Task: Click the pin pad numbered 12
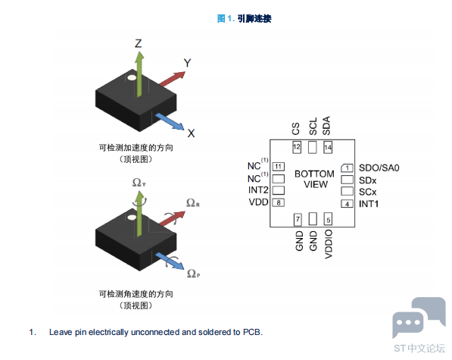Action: point(297,147)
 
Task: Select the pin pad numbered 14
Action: point(328,147)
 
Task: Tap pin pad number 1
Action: point(347,168)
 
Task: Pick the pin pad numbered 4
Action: point(347,204)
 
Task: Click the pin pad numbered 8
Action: point(279,202)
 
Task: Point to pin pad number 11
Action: point(279,167)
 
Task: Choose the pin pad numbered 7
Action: point(298,219)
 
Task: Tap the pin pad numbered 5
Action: point(328,219)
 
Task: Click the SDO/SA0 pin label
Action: point(379,168)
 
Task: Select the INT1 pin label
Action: point(369,204)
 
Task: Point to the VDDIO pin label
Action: point(329,244)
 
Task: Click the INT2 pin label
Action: point(258,190)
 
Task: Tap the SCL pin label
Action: point(313,127)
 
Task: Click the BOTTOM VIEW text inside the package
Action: point(315,179)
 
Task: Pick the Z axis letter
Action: point(139,43)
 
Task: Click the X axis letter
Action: point(191,133)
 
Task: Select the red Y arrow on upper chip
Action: point(172,79)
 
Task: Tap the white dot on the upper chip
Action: point(132,77)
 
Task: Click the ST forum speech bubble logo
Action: point(419,318)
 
